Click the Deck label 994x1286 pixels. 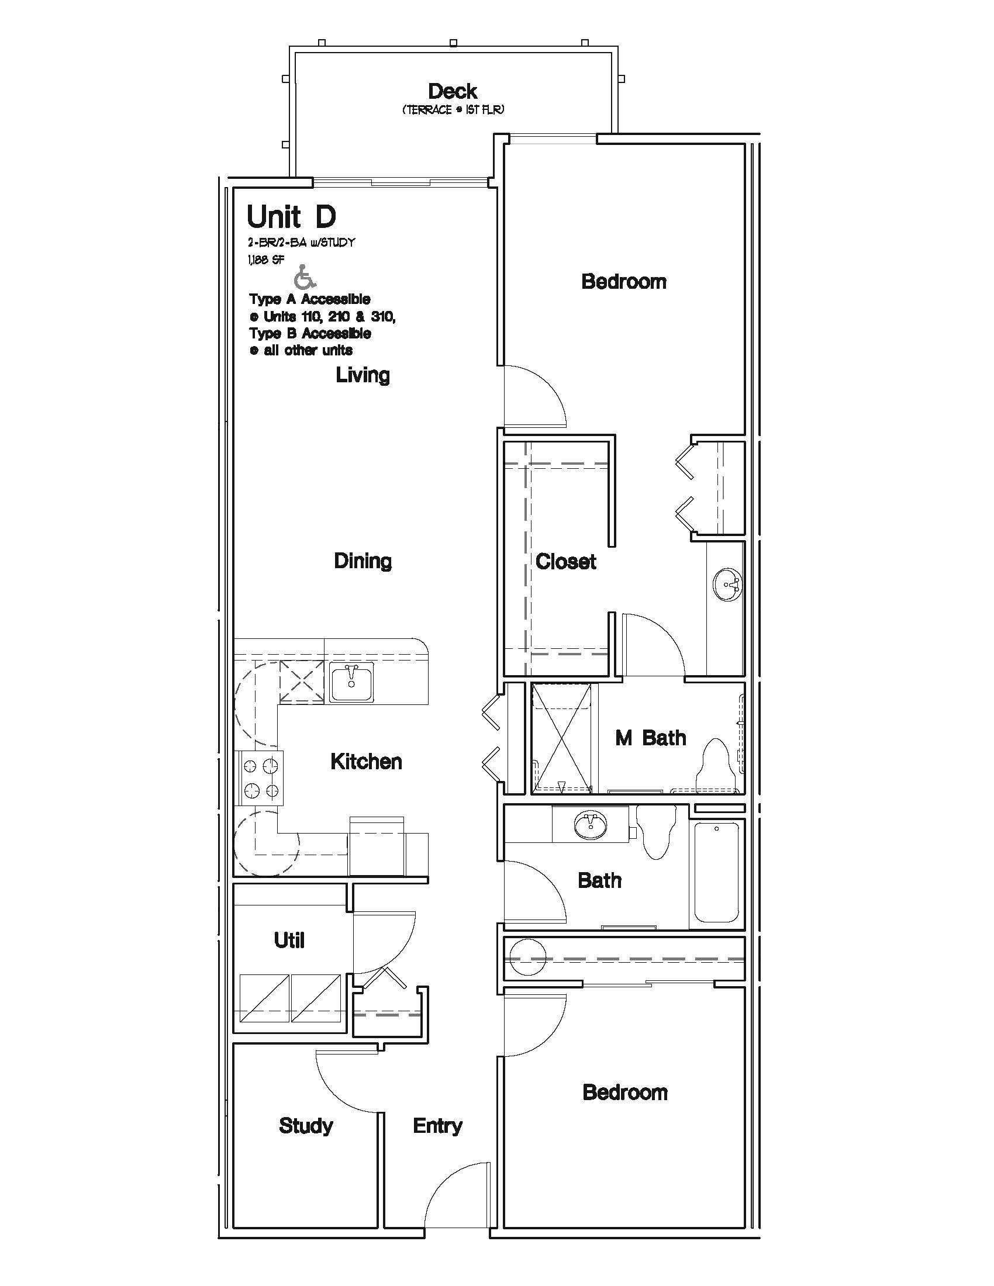point(452,91)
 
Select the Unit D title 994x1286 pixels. point(292,217)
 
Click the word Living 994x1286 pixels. point(363,375)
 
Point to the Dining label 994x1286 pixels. point(363,561)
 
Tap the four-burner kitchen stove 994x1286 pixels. point(260,778)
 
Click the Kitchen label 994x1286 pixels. point(366,761)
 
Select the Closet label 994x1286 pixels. point(566,561)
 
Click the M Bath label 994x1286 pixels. point(651,738)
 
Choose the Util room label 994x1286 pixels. point(289,941)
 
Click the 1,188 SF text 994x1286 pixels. point(265,259)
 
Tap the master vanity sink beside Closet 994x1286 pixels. point(728,585)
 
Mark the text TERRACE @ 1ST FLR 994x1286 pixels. point(453,110)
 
